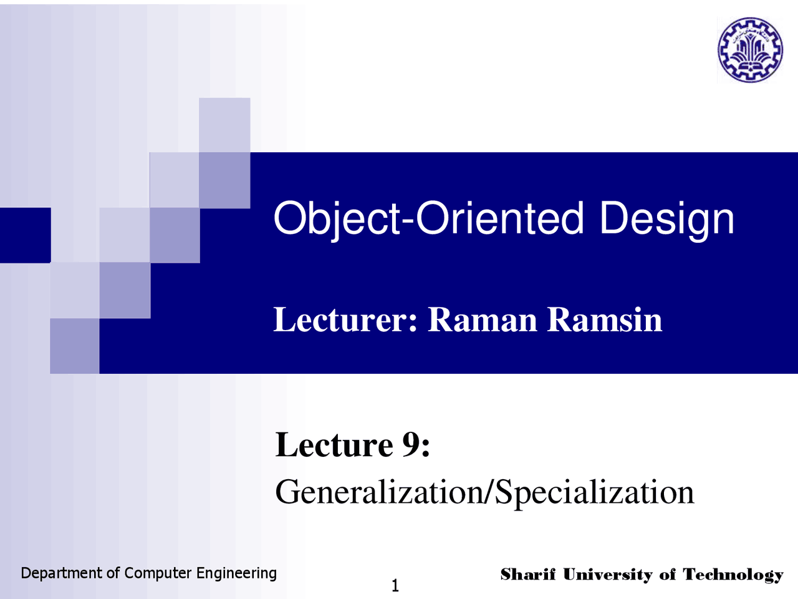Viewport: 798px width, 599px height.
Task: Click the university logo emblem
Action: click(x=749, y=50)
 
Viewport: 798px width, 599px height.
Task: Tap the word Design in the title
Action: click(x=666, y=218)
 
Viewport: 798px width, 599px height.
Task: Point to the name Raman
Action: click(x=482, y=319)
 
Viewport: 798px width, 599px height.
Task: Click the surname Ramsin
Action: click(x=604, y=319)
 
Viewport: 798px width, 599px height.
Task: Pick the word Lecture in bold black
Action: click(x=334, y=445)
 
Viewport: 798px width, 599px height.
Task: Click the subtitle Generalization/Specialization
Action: click(x=484, y=492)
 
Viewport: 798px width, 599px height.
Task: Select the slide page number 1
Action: click(x=395, y=585)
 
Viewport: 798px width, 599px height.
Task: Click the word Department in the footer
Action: click(x=61, y=573)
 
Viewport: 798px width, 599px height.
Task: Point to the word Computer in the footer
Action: click(x=158, y=573)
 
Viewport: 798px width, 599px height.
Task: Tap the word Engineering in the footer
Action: click(x=236, y=573)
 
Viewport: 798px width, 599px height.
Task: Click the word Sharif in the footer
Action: click(x=527, y=574)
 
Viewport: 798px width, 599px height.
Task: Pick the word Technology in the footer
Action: click(x=733, y=574)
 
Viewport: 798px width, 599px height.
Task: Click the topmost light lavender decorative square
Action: click(x=224, y=124)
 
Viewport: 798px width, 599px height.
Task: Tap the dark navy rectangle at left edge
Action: click(x=25, y=235)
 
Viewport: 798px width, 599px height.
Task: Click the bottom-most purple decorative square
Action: click(x=74, y=346)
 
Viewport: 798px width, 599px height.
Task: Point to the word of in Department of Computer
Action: click(x=113, y=573)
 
